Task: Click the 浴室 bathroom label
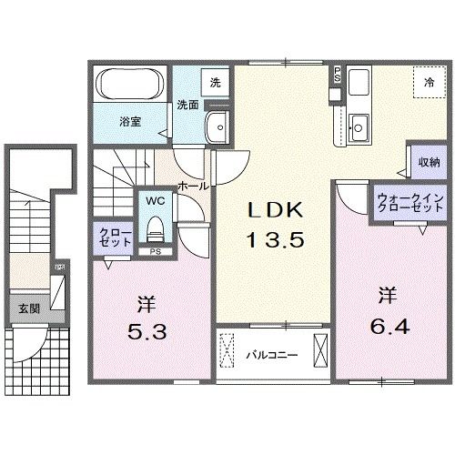pos(129,120)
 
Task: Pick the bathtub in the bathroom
pos(129,87)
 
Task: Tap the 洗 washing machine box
pos(215,82)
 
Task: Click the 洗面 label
pos(187,104)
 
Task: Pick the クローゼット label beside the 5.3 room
pos(109,238)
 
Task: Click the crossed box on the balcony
pos(321,350)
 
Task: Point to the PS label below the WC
pos(156,251)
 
